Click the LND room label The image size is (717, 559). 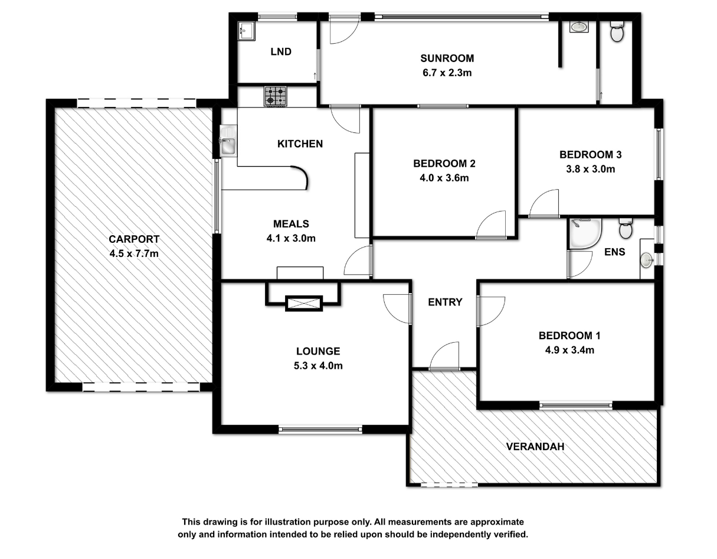281,51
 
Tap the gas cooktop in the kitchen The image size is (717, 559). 275,96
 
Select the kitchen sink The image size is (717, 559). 228,141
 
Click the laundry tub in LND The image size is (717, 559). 246,31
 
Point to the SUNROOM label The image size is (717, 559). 447,58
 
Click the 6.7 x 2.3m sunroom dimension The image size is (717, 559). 447,73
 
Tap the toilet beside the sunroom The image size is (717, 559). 617,32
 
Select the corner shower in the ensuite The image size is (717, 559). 585,233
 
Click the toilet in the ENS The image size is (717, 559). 626,228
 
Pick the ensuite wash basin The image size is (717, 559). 647,259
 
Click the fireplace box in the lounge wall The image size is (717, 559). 303,304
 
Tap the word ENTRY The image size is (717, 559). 445,302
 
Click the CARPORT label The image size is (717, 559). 134,239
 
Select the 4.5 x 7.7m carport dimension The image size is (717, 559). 134,253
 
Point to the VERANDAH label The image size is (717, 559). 535,447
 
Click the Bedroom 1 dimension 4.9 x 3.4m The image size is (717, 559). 569,350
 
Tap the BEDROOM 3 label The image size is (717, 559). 591,155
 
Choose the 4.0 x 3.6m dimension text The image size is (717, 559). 444,178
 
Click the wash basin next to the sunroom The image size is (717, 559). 578,27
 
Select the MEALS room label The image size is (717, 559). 291,224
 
